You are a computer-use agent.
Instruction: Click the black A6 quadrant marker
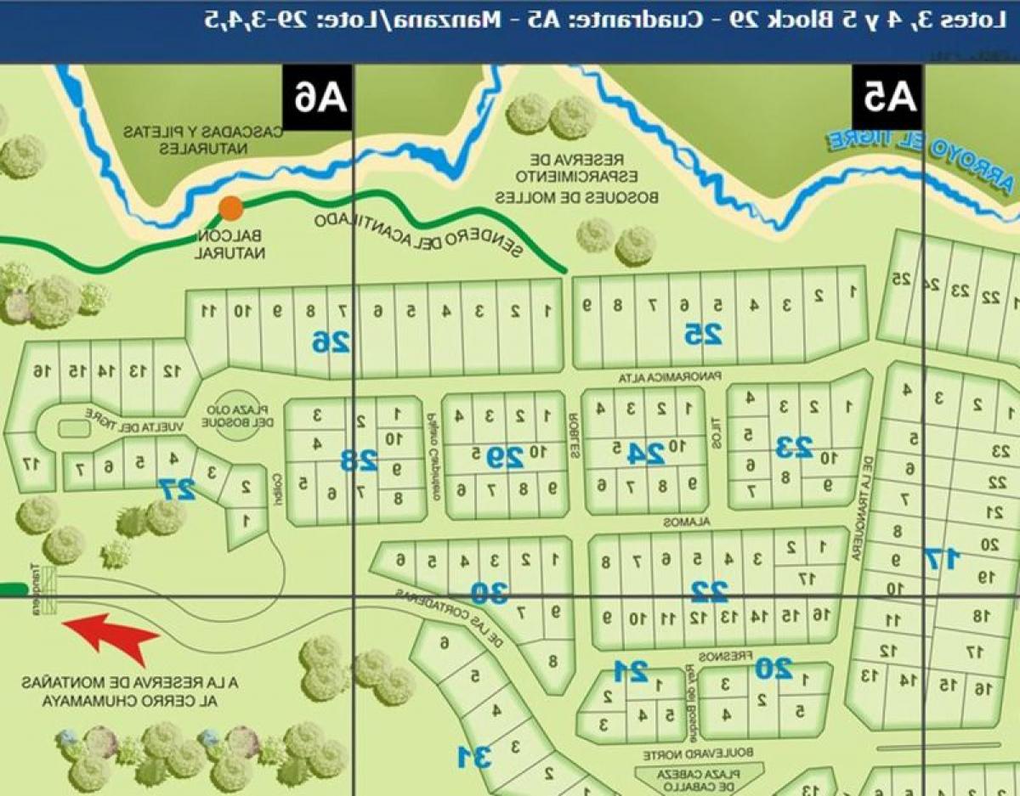(317, 97)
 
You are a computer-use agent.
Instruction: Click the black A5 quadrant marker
(889, 97)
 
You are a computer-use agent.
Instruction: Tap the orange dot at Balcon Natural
(230, 208)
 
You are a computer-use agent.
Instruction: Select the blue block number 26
(331, 342)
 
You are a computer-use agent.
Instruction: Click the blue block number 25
(704, 335)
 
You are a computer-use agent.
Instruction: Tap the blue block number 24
(645, 454)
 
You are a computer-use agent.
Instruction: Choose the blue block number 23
(794, 445)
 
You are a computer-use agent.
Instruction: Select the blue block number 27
(177, 488)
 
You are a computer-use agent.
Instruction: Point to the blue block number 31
(473, 754)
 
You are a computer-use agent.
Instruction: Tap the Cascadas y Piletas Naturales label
(202, 140)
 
